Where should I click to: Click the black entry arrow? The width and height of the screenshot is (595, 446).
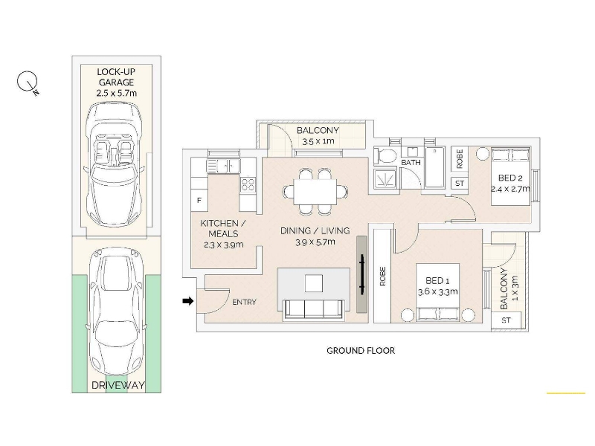188,301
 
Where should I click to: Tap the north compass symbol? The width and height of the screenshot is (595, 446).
28,82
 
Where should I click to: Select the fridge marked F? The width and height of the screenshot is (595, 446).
199,200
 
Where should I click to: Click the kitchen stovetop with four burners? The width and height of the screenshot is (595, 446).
248,184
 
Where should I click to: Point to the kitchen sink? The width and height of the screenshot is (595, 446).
223,166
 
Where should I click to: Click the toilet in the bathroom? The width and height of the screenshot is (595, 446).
385,155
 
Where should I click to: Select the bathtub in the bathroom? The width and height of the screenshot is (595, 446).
435,167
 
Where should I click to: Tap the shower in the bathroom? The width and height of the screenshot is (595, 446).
385,179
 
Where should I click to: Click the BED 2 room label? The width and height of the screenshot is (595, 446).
510,178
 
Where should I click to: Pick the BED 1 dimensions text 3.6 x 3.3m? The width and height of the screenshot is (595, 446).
437,292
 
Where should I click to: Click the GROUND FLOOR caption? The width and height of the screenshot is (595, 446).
361,350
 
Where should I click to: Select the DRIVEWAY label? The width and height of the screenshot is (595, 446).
118,385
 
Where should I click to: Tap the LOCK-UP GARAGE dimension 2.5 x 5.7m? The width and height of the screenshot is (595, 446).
117,93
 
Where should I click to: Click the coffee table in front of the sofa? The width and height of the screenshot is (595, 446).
313,283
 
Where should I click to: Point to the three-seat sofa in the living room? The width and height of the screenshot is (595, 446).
314,309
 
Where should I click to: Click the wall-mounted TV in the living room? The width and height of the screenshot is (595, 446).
362,274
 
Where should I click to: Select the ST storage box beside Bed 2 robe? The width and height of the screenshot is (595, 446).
460,183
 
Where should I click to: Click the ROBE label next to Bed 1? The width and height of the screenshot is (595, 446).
382,276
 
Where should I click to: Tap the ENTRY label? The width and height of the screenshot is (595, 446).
244,303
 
